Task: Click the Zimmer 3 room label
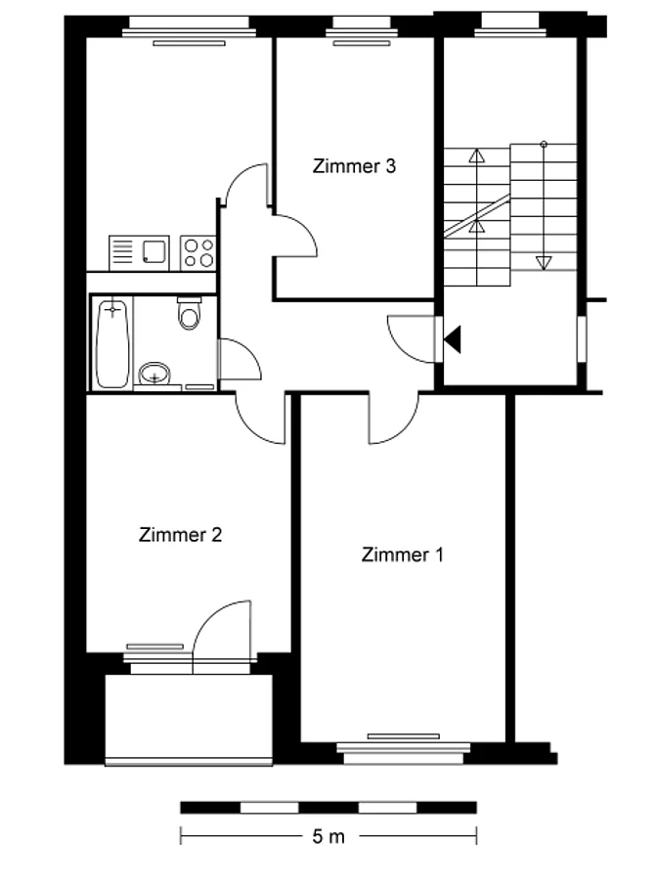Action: tap(354, 166)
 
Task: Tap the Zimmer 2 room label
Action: tap(180, 535)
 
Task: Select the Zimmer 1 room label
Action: tap(402, 555)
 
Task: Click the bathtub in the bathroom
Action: tap(112, 344)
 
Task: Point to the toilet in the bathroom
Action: tap(189, 313)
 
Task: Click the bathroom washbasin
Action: tap(154, 374)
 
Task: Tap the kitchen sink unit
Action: tap(139, 252)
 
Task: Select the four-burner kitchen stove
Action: tap(198, 252)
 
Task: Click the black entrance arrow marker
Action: tap(453, 339)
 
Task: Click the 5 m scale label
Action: tap(328, 836)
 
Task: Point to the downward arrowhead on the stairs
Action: tap(544, 263)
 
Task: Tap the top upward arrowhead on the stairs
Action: tap(477, 155)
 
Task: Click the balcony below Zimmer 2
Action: tap(189, 719)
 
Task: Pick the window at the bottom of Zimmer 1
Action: tap(404, 750)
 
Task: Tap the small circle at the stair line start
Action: tap(544, 144)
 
